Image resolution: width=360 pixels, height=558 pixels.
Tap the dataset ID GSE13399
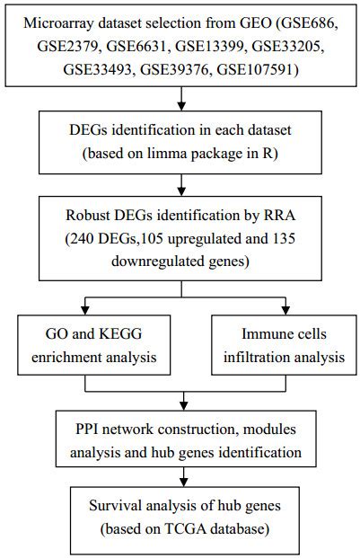(x=210, y=46)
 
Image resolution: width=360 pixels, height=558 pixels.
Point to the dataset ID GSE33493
(x=98, y=69)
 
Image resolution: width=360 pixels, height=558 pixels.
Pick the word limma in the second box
(x=167, y=154)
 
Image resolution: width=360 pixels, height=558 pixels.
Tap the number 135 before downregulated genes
(x=284, y=238)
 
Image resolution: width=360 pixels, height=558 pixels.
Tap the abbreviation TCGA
(x=185, y=529)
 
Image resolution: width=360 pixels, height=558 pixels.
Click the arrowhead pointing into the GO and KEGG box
(x=85, y=310)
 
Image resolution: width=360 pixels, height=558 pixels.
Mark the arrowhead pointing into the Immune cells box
(x=285, y=310)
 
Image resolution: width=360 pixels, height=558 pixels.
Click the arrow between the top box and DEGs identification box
(x=181, y=99)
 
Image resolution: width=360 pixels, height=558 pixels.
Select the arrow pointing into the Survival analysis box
(x=183, y=477)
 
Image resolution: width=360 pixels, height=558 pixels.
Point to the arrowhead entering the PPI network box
(x=183, y=405)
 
